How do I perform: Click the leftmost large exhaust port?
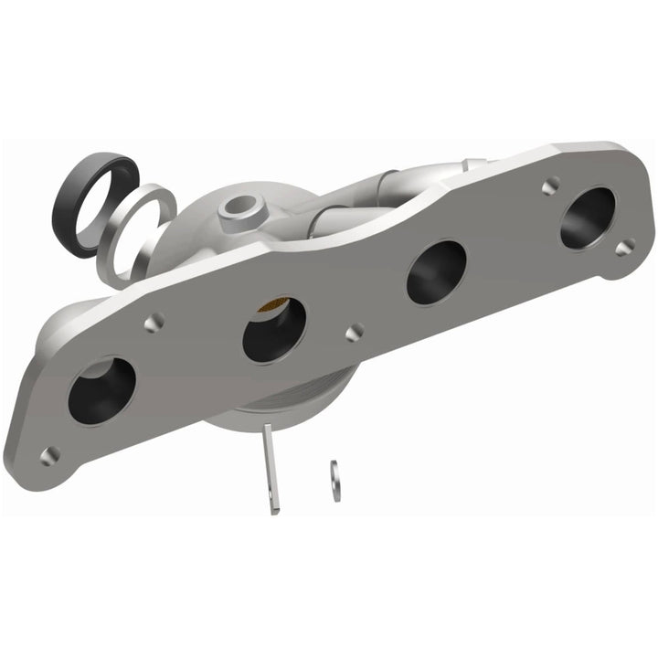pos(101,390)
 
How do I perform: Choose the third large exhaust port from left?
pos(436,272)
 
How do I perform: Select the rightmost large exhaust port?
pos(588,217)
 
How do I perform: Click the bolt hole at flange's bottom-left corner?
pos(49,454)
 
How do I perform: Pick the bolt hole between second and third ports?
pos(354,331)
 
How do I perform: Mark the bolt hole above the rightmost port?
pos(549,186)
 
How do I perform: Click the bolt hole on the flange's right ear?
pos(624,247)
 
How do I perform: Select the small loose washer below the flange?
pos(334,481)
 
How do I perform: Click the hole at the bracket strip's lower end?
pos(273,502)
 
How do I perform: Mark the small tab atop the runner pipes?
pos(471,164)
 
